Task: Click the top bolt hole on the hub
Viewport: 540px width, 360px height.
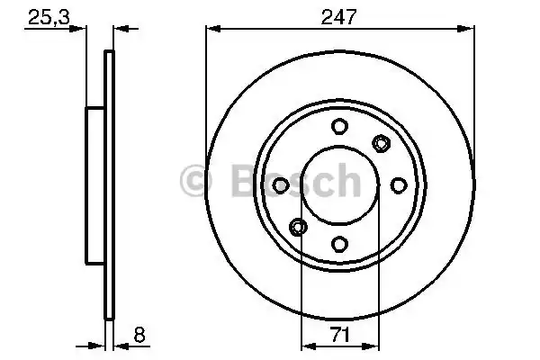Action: coord(339,127)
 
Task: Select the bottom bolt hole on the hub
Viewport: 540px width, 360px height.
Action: coord(339,243)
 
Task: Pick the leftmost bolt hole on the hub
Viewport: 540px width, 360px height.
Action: coord(281,184)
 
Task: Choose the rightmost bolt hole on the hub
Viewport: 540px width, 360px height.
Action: coord(398,184)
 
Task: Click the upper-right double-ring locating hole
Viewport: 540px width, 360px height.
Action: coord(381,143)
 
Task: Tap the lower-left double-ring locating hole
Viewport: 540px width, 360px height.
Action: coord(298,226)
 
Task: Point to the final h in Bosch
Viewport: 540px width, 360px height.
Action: coord(346,182)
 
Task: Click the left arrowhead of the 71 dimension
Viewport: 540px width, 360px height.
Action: coord(305,344)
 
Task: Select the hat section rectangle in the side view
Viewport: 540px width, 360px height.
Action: coord(95,184)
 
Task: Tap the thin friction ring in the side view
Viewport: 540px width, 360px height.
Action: coord(110,184)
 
